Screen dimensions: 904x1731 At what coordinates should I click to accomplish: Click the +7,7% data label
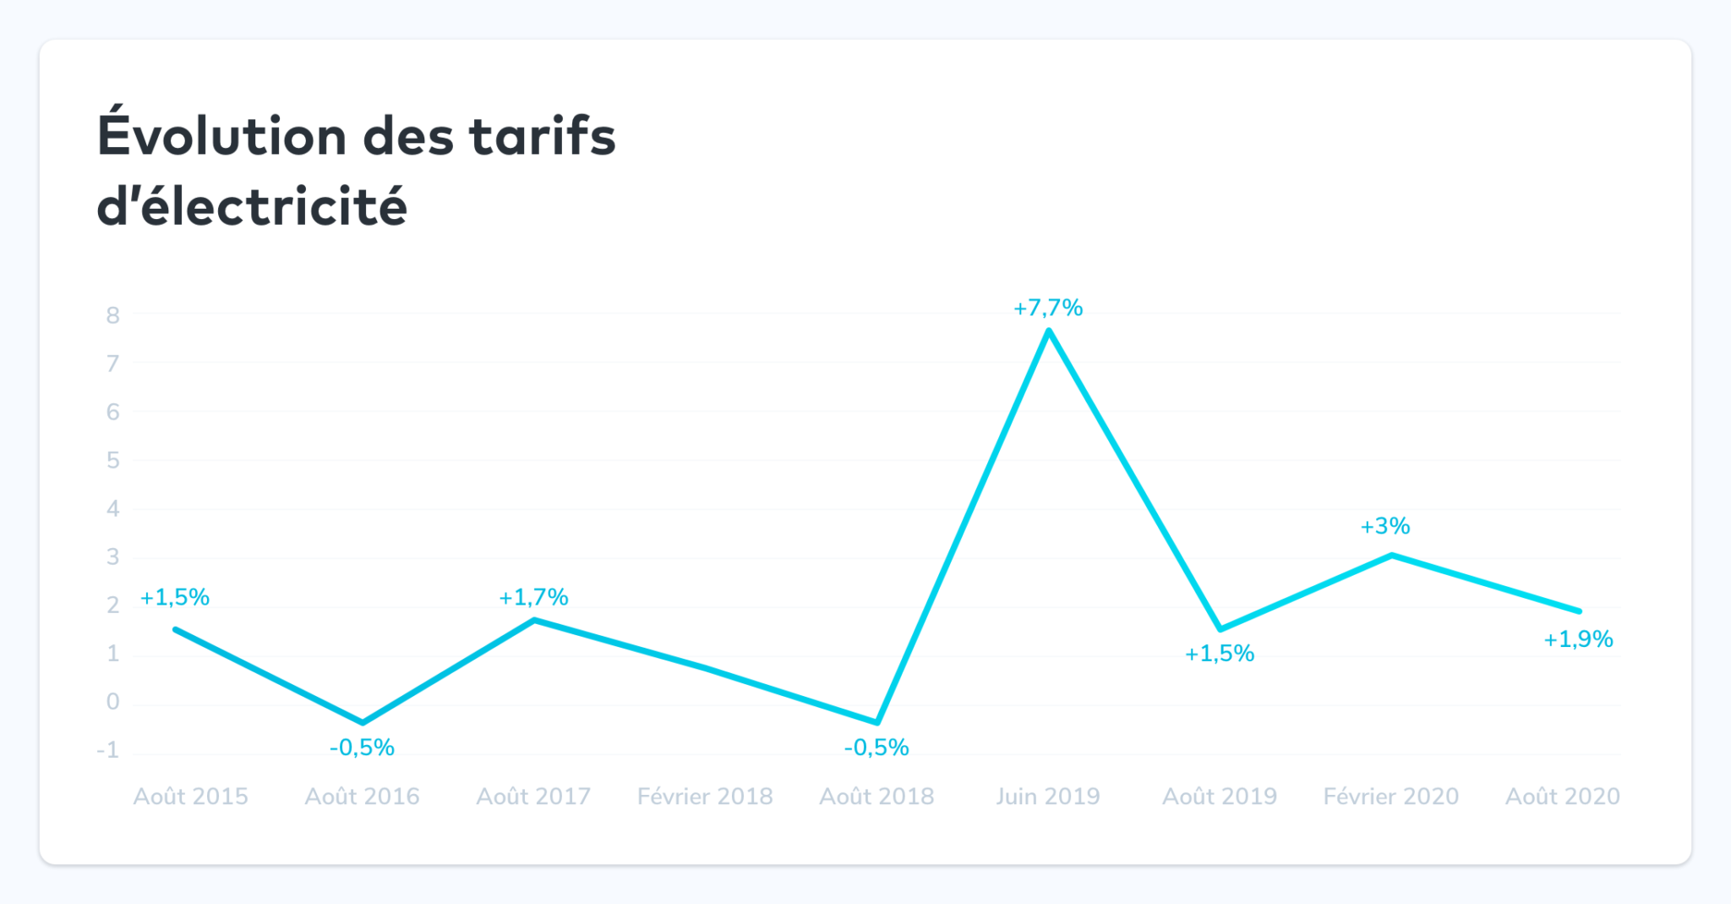tap(1048, 308)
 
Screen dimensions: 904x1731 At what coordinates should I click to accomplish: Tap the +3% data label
tap(1385, 526)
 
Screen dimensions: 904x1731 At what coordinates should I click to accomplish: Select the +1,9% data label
tap(1578, 639)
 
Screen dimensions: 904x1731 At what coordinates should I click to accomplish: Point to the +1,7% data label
tap(533, 597)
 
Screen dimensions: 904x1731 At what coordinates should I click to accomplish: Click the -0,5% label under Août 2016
tap(362, 748)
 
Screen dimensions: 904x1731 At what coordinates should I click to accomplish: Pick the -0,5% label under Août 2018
tap(876, 748)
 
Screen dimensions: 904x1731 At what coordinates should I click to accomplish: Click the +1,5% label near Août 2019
tap(1219, 654)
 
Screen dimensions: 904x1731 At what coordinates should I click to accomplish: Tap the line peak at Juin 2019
tap(1048, 331)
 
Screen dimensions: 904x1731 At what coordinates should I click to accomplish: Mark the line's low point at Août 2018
tap(877, 722)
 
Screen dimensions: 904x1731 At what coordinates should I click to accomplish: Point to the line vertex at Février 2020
tap(1391, 556)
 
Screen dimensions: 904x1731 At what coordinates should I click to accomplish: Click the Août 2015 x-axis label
tap(191, 797)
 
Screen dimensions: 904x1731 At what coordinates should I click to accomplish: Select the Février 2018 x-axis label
tap(705, 797)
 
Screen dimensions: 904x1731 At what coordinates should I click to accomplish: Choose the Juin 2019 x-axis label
tap(1048, 797)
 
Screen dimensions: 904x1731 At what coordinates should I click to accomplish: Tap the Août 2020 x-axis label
tap(1562, 797)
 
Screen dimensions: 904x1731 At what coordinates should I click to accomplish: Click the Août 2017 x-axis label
tap(533, 797)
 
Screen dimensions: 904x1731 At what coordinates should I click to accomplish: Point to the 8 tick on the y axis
tap(113, 315)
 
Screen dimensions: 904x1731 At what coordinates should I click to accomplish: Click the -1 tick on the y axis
tap(108, 750)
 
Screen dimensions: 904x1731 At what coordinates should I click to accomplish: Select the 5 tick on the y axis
tap(113, 460)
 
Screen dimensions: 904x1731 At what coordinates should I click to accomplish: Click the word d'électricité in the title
tap(252, 206)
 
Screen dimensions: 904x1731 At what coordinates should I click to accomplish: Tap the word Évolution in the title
tap(222, 136)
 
